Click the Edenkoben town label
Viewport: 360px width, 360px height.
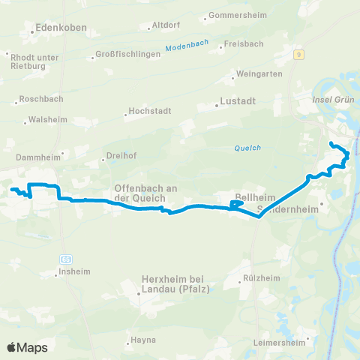click(x=62, y=28)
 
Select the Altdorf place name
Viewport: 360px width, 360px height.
click(x=166, y=25)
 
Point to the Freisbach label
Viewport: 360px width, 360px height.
click(x=242, y=45)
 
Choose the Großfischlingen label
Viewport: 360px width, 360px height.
click(x=129, y=54)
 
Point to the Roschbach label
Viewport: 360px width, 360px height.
click(x=41, y=99)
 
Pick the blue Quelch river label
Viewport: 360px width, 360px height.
click(x=247, y=148)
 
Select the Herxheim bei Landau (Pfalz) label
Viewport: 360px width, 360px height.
click(x=174, y=285)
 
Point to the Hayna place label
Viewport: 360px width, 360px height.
click(x=143, y=340)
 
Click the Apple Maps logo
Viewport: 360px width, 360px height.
click(x=27, y=347)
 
